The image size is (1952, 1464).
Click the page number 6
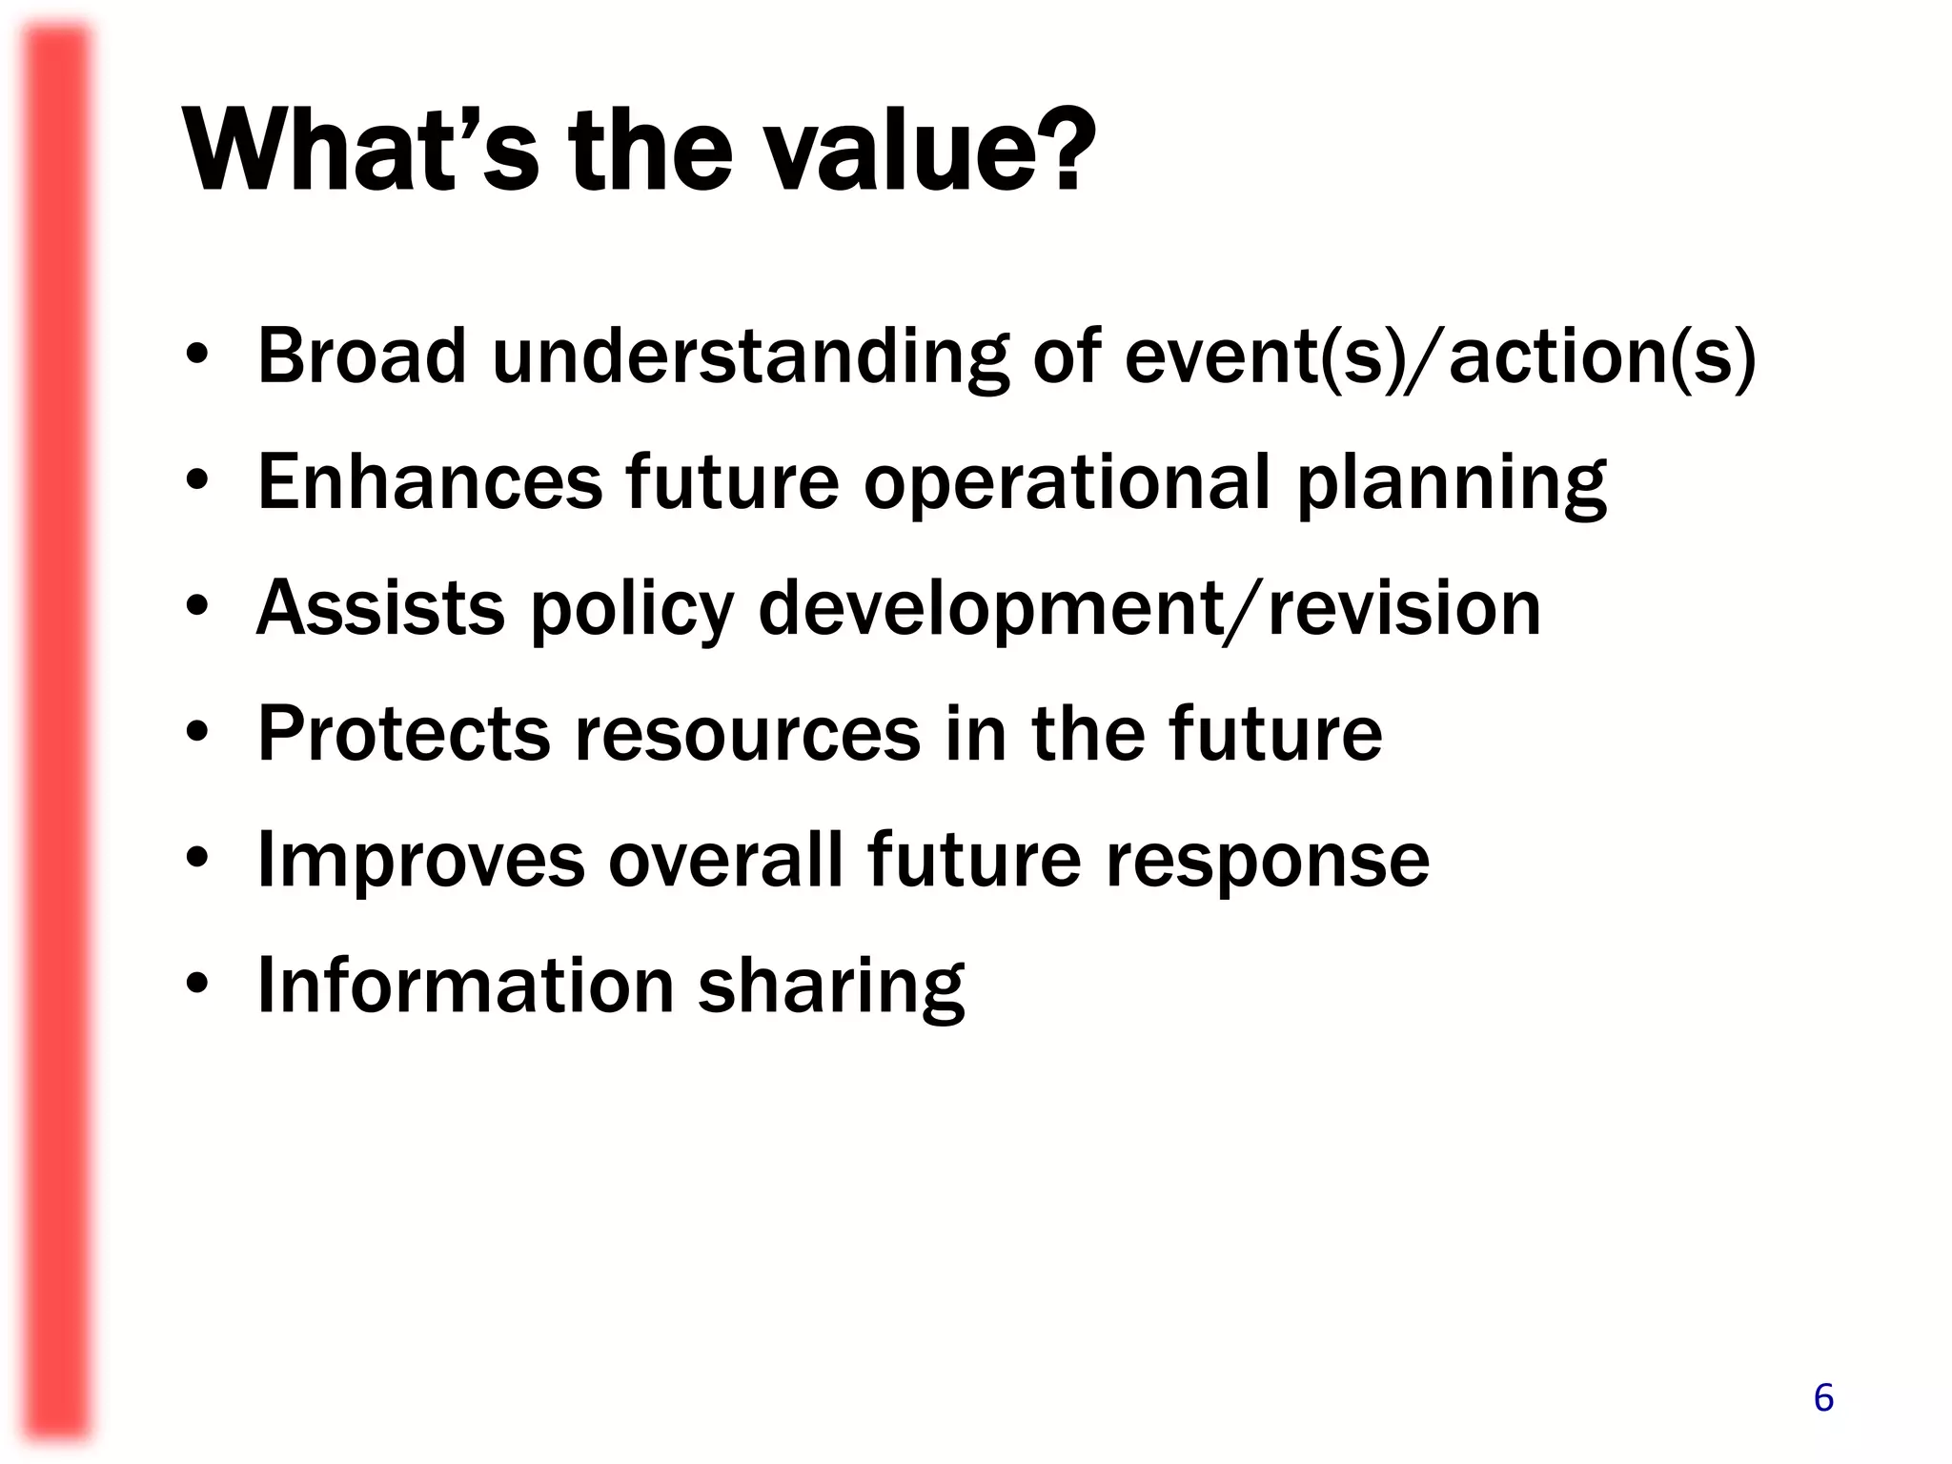pos(1822,1397)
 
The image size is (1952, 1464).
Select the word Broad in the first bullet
pos(362,356)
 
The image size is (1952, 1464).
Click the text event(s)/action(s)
pos(1439,356)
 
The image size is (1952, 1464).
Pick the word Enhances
pos(430,482)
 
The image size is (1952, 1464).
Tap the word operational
pos(1067,484)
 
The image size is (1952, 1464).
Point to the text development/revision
pos(1149,610)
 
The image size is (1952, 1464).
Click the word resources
pos(747,736)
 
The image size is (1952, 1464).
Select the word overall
pos(725,860)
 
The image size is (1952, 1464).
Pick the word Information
pos(466,986)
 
